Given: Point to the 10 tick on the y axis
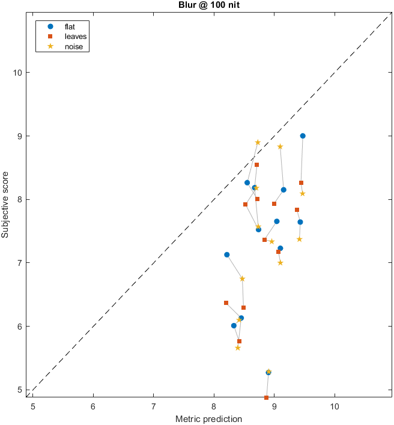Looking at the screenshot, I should point(18,73).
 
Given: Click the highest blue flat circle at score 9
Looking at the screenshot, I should point(303,136).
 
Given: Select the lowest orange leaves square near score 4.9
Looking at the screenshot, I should point(267,397).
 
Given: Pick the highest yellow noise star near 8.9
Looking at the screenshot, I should point(258,142).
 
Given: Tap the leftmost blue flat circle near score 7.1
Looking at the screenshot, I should point(226,255).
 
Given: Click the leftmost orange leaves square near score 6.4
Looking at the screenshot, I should point(226,303).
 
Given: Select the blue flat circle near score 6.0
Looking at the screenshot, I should point(234,325).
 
